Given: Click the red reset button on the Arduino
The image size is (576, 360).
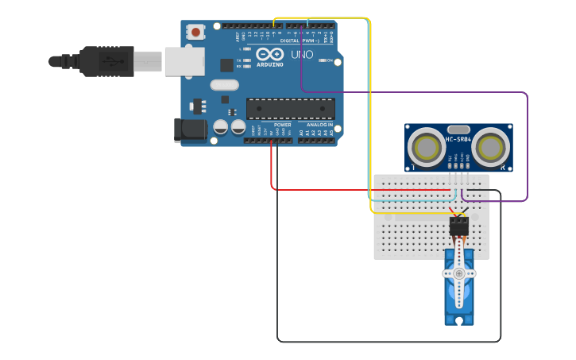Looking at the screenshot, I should tap(195, 33).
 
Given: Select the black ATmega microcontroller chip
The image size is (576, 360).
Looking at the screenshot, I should tap(290, 109).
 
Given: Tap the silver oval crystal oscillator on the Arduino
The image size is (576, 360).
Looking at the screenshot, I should tap(224, 85).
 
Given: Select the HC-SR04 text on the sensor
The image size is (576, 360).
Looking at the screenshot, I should tap(458, 140).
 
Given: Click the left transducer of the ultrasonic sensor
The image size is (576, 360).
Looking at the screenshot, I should tap(427, 147).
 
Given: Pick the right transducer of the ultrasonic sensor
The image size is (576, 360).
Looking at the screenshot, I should tap(491, 147).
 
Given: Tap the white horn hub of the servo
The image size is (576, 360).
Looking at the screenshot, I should tap(458, 273).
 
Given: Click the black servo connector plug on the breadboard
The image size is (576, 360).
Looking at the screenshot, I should tap(458, 227).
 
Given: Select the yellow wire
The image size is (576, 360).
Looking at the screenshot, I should tap(370, 119).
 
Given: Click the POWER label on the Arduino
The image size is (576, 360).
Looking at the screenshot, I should tap(283, 125).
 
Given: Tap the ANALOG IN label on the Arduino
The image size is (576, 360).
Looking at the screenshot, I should tap(319, 125).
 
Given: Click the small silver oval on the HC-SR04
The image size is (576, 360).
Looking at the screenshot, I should tap(458, 129).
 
